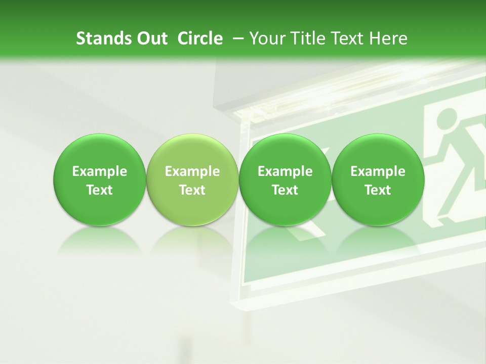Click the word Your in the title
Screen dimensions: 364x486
click(266, 38)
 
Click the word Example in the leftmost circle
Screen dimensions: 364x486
click(99, 172)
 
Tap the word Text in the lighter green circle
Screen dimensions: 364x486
click(192, 191)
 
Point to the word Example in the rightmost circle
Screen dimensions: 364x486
click(378, 172)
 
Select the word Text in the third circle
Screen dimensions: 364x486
click(285, 191)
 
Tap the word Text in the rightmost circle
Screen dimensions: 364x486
click(378, 191)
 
